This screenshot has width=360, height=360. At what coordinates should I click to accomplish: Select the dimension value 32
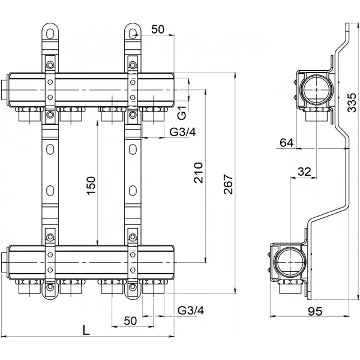click(304, 171)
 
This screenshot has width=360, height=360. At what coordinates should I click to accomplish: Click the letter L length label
click(86, 329)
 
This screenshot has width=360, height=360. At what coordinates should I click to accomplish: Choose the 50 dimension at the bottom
click(130, 320)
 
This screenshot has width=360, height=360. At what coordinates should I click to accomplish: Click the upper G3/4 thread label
click(182, 132)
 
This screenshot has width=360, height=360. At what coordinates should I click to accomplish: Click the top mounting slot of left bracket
click(50, 31)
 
